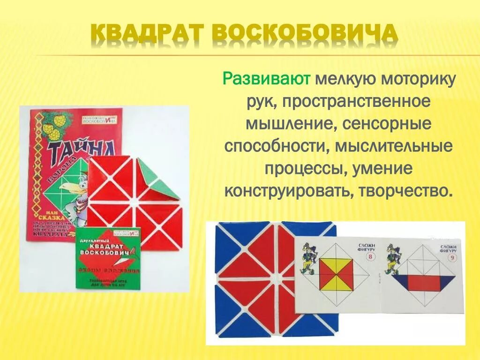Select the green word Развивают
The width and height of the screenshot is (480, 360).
click(x=266, y=78)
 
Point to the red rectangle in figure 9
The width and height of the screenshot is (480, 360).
click(x=425, y=283)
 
